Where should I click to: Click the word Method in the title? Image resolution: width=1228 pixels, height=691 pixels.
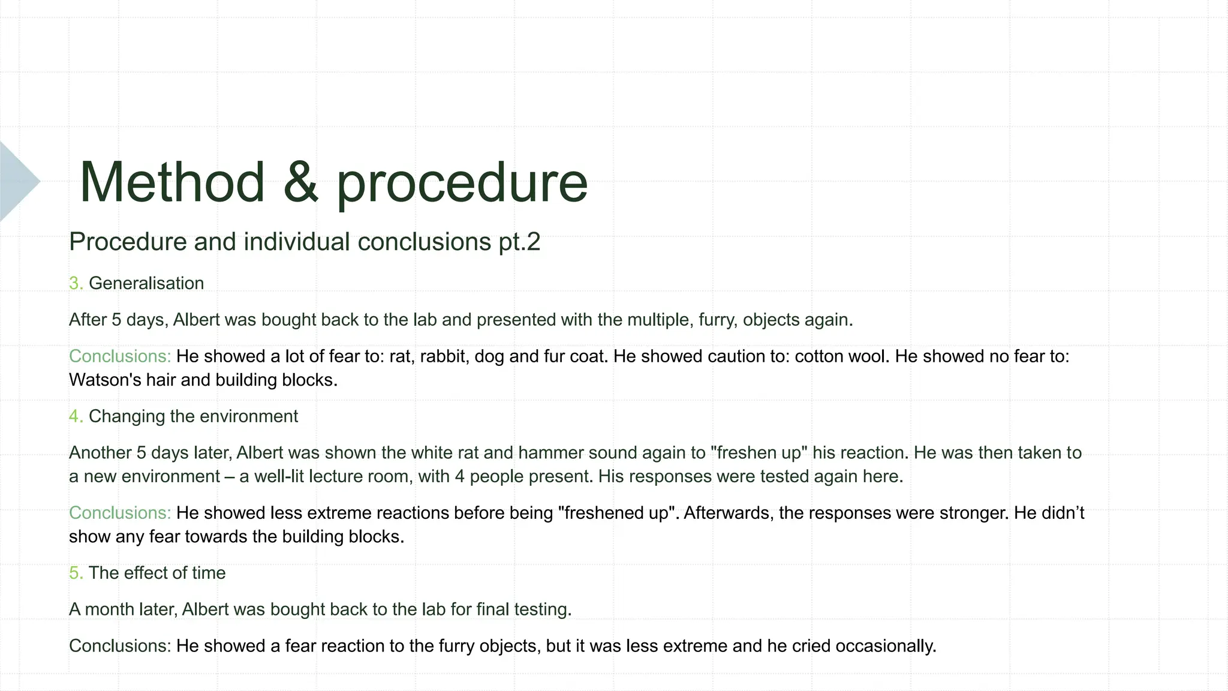(172, 182)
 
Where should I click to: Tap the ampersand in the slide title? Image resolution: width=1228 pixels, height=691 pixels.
(300, 182)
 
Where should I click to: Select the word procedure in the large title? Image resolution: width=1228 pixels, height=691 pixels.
(462, 184)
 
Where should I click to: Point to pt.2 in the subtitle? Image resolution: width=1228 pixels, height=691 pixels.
(519, 242)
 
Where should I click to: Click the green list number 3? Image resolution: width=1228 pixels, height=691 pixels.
(75, 283)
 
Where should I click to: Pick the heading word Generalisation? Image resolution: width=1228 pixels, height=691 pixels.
(146, 283)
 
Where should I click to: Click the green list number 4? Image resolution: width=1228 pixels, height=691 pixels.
(75, 416)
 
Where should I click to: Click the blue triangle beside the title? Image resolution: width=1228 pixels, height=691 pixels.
(17, 181)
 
